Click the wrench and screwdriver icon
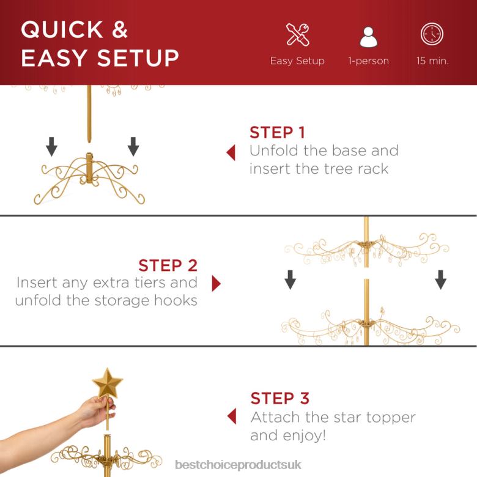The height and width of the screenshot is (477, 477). (297, 34)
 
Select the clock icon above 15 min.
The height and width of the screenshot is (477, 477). (432, 34)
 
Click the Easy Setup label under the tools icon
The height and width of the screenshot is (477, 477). (297, 61)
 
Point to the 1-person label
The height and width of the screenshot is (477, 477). (368, 61)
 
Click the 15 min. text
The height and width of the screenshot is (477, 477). (432, 61)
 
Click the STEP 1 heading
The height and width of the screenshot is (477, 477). (277, 133)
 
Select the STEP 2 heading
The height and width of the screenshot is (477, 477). (168, 265)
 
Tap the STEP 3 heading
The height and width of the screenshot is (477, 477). (279, 399)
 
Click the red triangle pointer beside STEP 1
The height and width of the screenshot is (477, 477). (231, 152)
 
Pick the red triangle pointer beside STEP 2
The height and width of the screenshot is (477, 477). (216, 284)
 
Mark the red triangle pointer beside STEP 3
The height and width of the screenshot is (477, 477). (231, 417)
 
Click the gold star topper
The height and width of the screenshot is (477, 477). (107, 383)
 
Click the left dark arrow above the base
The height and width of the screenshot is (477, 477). (52, 146)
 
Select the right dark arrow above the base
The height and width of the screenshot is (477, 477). (133, 146)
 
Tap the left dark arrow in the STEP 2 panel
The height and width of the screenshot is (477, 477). (290, 279)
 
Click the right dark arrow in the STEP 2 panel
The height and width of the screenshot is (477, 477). (440, 279)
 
